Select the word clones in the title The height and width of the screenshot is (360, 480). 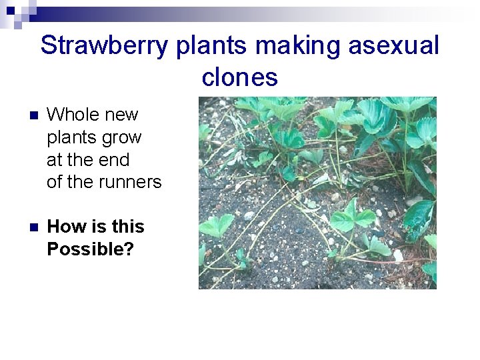pyautogui.click(x=239, y=77)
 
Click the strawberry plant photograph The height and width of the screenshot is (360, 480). pyautogui.click(x=317, y=193)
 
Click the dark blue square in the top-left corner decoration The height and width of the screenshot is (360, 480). pyautogui.click(x=10, y=10)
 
